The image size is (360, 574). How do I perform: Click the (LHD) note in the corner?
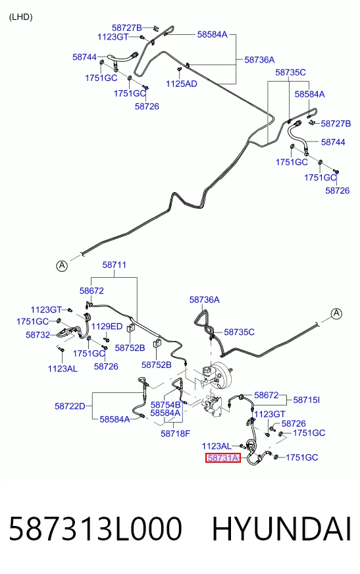[x=21, y=17]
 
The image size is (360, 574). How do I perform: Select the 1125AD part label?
[x=182, y=84]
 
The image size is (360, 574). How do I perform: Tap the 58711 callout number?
[x=114, y=265]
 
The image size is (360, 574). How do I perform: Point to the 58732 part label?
[x=38, y=335]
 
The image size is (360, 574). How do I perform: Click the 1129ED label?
[x=107, y=326]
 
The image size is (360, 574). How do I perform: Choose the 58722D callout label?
[x=70, y=406]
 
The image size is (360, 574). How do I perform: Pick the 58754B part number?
[x=166, y=405]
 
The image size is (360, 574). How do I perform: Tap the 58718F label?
[x=175, y=434]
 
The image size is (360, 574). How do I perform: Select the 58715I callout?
[x=307, y=400]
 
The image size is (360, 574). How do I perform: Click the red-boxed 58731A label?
[x=223, y=457]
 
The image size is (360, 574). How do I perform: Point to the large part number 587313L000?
[x=95, y=529]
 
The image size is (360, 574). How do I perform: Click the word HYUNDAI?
[x=282, y=529]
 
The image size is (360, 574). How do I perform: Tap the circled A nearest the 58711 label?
[x=62, y=265]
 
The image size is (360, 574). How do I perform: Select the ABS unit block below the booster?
[x=211, y=406]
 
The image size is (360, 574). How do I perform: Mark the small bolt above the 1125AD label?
[x=179, y=69]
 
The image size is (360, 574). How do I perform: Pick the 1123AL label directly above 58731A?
[x=217, y=446]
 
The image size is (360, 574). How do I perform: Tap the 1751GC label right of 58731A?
[x=302, y=457]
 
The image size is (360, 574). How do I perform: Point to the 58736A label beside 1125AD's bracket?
[x=259, y=60]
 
